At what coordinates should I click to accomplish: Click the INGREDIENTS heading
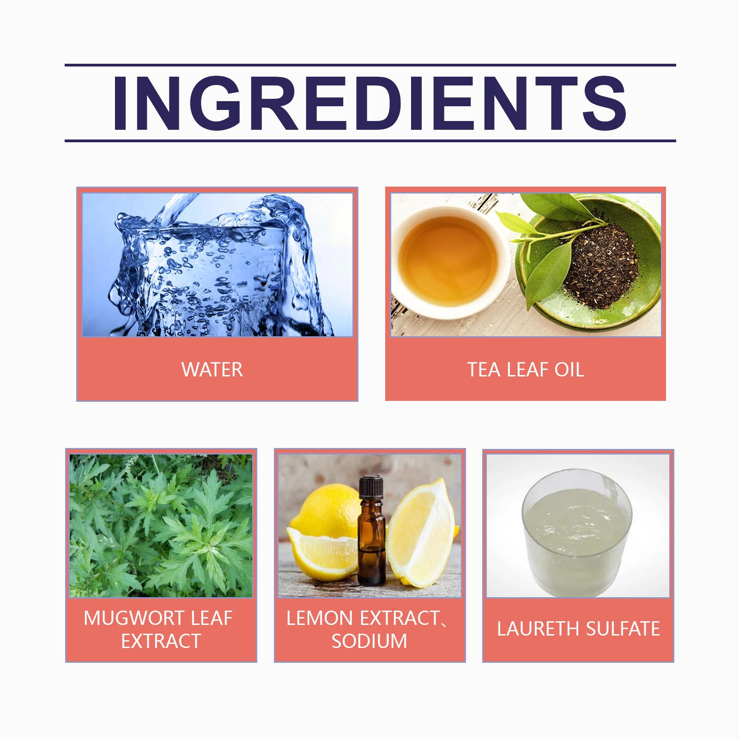coord(369,103)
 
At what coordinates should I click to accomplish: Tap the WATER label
coord(212,369)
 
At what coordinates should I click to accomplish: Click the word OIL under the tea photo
coord(569,369)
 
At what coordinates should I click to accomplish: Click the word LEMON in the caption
coord(314,618)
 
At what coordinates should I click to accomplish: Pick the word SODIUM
coord(369,641)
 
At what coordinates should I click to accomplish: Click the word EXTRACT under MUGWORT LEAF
coord(161,641)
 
